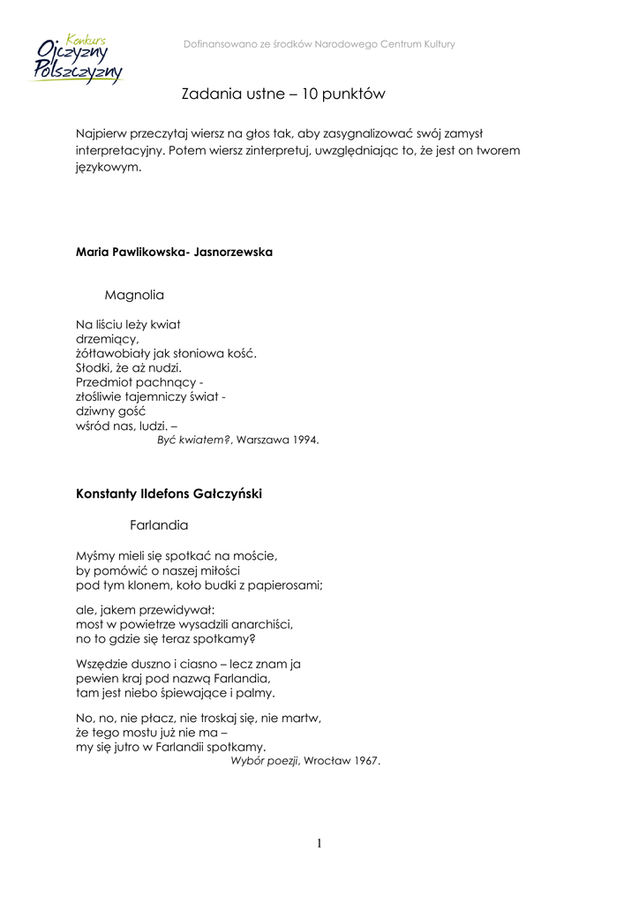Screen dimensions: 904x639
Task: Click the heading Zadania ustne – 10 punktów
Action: coord(283,93)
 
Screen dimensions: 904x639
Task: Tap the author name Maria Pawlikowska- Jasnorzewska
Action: coord(174,252)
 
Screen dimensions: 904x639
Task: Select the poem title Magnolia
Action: coord(134,293)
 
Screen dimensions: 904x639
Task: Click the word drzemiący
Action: coord(108,338)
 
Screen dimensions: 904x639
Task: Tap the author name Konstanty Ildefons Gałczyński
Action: coord(169,493)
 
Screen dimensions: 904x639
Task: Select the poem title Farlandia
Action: coord(159,525)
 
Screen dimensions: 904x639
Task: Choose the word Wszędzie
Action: coord(103,663)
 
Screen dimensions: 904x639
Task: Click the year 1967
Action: coord(365,761)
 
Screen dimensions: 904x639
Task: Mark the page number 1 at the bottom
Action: coord(319,844)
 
